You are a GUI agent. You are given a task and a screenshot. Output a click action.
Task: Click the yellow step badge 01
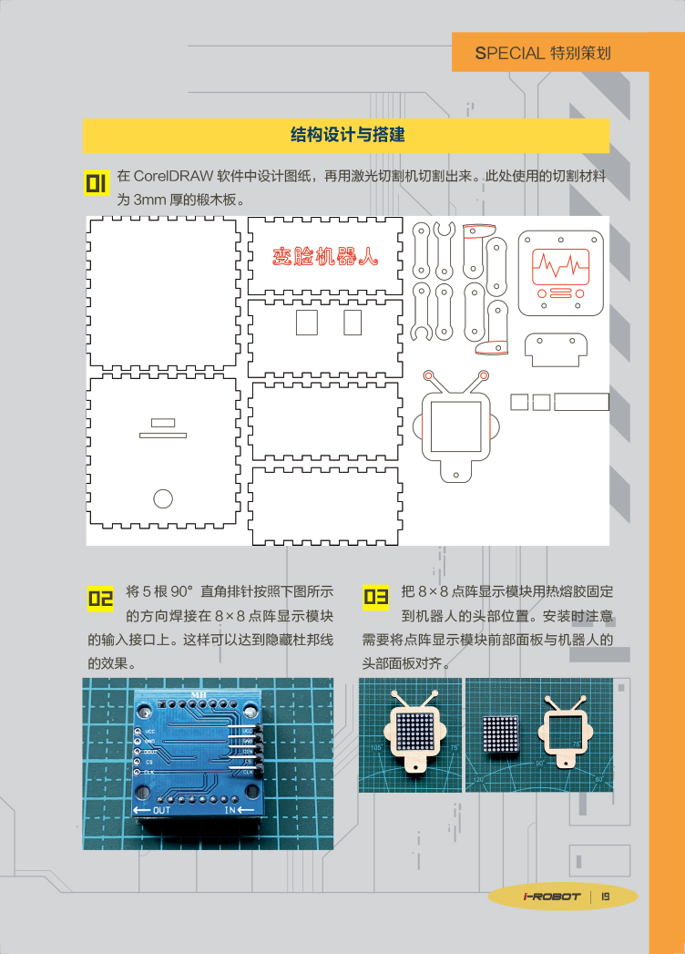point(96,182)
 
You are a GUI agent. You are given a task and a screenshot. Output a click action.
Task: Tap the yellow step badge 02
point(100,598)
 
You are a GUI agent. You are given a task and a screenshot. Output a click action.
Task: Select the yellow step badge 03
point(375,597)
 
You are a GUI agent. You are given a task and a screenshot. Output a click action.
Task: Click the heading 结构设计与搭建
point(347,135)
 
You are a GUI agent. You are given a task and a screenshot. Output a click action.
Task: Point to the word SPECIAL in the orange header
point(510,54)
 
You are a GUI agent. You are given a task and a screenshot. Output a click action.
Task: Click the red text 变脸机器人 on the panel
point(325,257)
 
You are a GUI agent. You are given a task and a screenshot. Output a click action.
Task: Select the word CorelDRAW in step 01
point(173,176)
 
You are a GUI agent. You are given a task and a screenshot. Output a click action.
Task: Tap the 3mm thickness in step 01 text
point(149,200)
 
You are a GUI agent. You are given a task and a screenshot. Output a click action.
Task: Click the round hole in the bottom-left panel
point(163,498)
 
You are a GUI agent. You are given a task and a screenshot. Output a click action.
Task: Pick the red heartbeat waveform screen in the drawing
point(561,266)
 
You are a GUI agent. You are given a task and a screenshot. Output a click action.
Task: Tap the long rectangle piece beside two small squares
point(581,402)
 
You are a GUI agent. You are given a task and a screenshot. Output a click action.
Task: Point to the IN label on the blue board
point(230,810)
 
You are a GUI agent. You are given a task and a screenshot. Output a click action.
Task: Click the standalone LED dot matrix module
point(501,735)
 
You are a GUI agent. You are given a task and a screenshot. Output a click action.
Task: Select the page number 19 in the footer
point(606,897)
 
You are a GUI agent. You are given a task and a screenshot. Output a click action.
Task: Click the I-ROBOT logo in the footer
point(552,897)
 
